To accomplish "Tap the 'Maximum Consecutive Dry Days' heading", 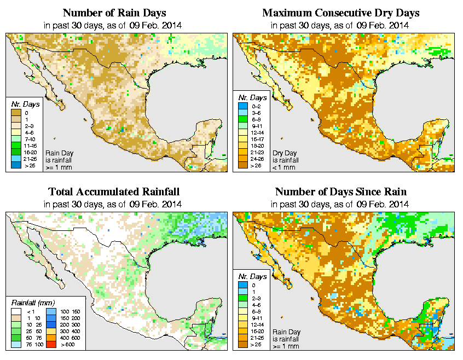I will (x=340, y=13).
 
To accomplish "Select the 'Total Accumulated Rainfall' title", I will (x=114, y=192).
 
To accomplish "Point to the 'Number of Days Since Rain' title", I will (x=340, y=192).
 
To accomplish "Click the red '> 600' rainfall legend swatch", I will (x=49, y=345).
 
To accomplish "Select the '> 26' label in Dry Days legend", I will (x=255, y=165).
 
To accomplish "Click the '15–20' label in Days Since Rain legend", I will (x=255, y=332).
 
